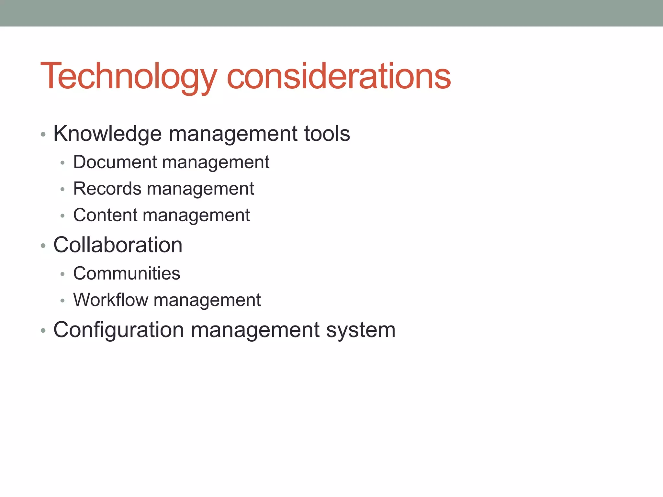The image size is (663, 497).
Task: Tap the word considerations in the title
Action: (x=339, y=76)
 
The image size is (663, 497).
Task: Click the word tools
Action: (x=327, y=133)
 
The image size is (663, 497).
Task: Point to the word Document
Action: (x=115, y=162)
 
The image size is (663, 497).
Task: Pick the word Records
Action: (x=107, y=188)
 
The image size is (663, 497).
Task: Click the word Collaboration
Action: (x=118, y=245)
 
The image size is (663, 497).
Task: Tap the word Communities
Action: (x=127, y=273)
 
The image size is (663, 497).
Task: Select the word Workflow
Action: (x=110, y=300)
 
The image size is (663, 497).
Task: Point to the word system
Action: (x=361, y=330)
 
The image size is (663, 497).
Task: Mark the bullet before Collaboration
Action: (x=43, y=246)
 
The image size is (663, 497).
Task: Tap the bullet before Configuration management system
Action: (x=43, y=331)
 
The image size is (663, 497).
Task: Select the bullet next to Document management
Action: (x=63, y=163)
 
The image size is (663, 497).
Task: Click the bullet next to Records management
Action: (x=63, y=189)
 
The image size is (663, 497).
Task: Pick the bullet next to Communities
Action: (x=63, y=274)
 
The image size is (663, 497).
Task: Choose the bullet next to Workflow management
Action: (x=63, y=301)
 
